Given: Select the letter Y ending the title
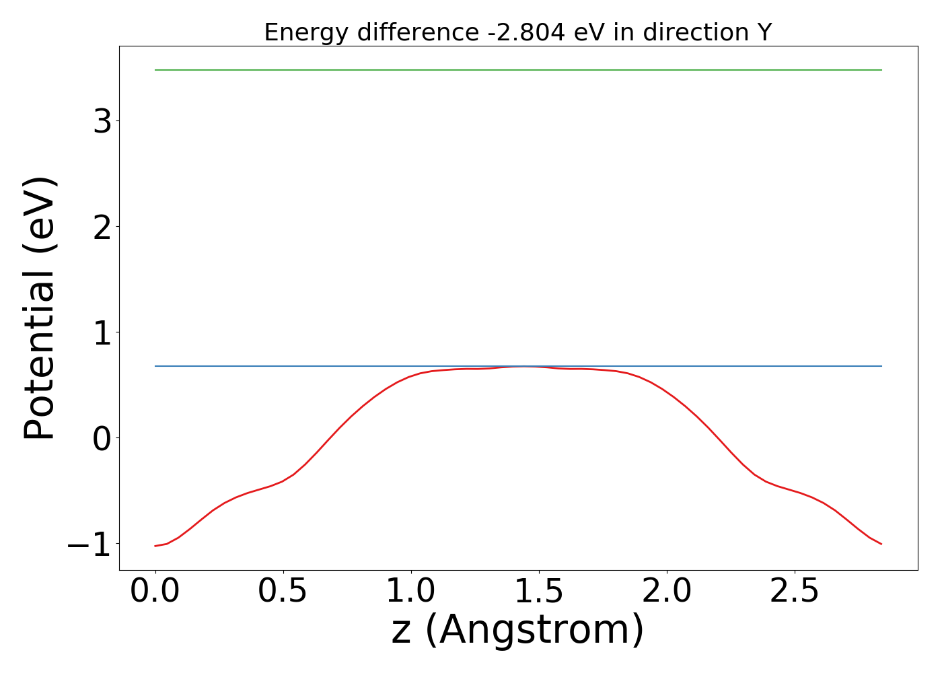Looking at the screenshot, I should pos(764,32).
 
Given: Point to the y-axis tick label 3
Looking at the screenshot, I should pos(102,121).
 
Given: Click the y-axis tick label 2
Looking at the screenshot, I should pos(102,227).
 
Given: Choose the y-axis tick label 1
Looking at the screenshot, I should pos(102,332).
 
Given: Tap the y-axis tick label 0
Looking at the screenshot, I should pos(102,438).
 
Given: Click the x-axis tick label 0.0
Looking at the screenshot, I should pos(155,592).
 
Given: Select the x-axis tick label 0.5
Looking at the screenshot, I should pos(283,592).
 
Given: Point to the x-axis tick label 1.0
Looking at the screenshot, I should pos(411,592).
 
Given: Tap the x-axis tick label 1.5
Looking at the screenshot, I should pos(539,592).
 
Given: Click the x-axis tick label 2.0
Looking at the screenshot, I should pos(667,592).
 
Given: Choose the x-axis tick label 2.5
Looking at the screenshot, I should pos(795,592).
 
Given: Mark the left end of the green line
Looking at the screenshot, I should pos(155,70).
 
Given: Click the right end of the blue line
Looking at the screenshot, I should pos(881,366).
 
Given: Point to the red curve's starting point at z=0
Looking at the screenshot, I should pos(155,546).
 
